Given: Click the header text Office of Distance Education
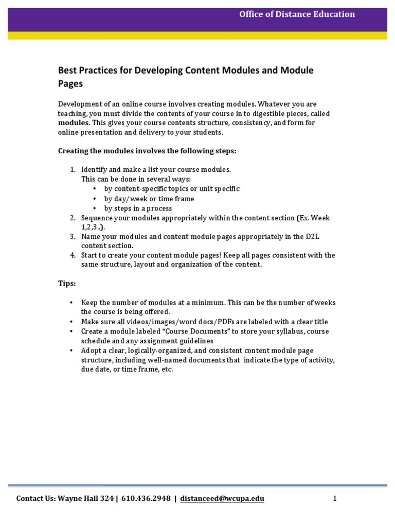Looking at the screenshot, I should (297, 14).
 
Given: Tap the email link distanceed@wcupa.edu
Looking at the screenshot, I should (222, 499).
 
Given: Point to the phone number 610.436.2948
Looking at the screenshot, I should (147, 499).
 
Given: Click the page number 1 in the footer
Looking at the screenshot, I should (334, 499).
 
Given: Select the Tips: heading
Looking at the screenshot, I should (67, 284).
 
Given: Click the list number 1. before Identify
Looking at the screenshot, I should (73, 170).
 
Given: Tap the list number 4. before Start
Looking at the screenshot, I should (73, 255).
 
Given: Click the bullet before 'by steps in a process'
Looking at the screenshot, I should (95, 208).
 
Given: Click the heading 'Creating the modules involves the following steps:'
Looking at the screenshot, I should (147, 151).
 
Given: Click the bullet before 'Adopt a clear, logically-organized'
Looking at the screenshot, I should (71, 350).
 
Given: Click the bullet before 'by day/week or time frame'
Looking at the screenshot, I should (95, 199).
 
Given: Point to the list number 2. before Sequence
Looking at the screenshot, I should (73, 218).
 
